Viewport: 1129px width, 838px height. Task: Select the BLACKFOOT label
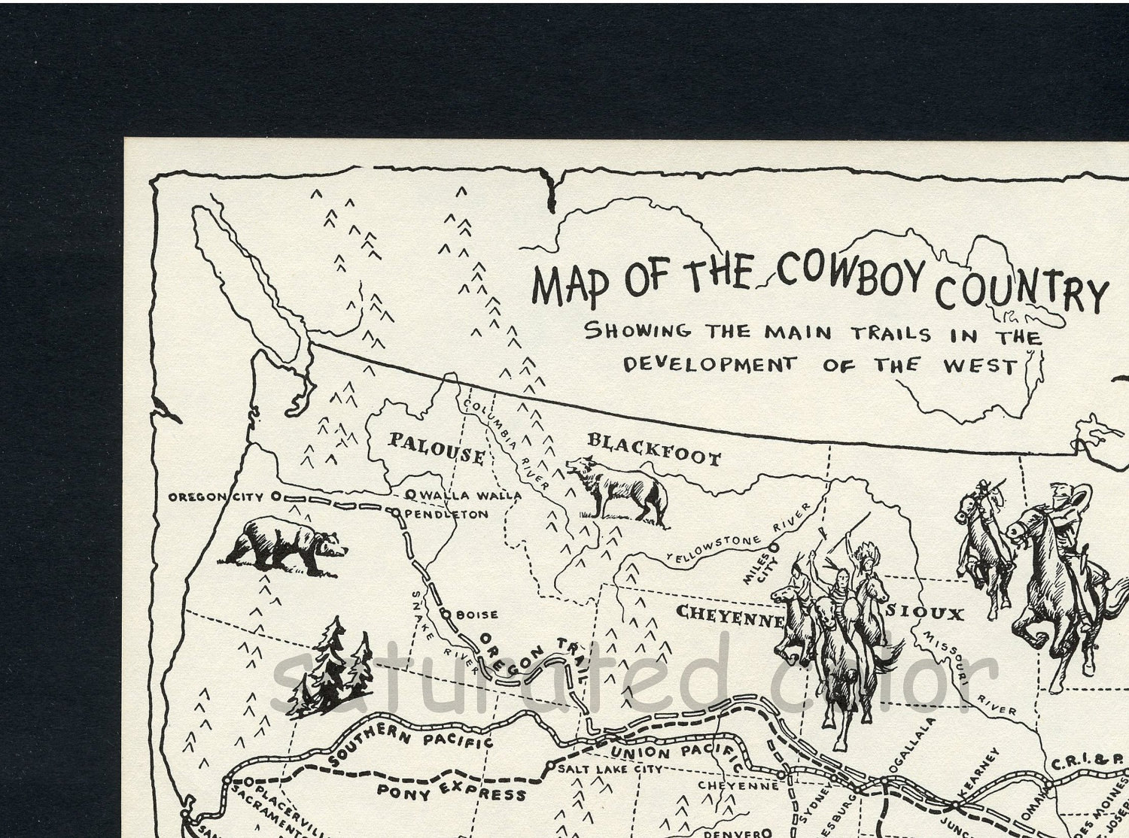pos(653,450)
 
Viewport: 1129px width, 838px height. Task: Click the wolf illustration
pos(619,488)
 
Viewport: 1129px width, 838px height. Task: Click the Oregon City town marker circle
pos(275,496)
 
